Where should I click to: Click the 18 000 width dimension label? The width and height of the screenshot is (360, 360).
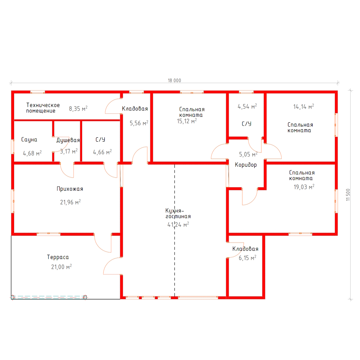(x=174, y=81)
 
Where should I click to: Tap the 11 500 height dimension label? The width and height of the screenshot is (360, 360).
(x=348, y=195)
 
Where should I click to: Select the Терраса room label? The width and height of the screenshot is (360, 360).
(x=58, y=257)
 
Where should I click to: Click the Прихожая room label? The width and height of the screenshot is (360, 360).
(x=70, y=189)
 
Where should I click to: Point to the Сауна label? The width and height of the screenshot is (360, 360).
(x=29, y=140)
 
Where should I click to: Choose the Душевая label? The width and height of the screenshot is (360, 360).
(x=68, y=140)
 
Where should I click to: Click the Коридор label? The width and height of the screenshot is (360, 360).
(x=246, y=165)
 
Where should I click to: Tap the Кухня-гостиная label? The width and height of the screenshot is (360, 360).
(x=178, y=214)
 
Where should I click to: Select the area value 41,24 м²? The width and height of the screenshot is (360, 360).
(x=178, y=225)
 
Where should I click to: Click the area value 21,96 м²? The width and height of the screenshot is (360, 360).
(x=70, y=202)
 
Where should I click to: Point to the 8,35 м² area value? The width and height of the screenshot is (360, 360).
(x=78, y=109)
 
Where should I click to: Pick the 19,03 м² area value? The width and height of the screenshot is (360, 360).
(x=304, y=187)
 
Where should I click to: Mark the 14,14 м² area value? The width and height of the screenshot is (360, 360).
(x=304, y=107)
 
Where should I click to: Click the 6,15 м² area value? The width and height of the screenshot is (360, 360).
(x=247, y=258)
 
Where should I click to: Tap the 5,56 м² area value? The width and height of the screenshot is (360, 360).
(x=139, y=123)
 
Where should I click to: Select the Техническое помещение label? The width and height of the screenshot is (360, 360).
(x=43, y=108)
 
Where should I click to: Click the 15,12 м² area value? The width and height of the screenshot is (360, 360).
(x=187, y=121)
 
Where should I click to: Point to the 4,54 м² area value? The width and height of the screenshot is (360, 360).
(x=247, y=107)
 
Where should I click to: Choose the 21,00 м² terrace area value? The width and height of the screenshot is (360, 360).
(x=61, y=267)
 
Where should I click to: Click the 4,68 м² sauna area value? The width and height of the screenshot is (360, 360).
(x=32, y=153)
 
